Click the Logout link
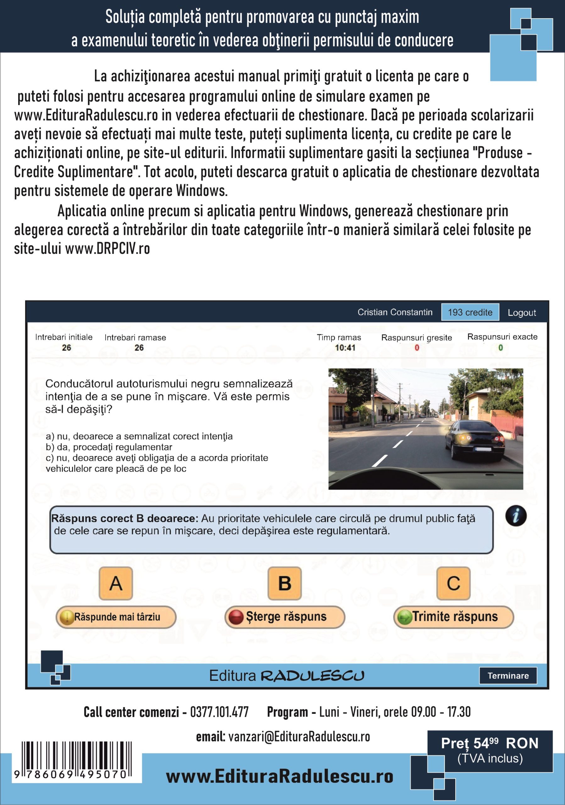(522, 312)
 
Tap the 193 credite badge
(470, 312)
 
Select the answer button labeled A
(116, 583)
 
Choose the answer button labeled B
(285, 583)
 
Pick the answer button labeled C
(453, 583)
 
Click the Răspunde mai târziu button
(116, 617)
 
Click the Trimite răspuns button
(454, 617)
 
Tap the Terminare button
(508, 676)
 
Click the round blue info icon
(516, 516)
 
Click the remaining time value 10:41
(345, 348)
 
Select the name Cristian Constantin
(395, 312)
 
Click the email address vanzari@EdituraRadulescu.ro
(299, 737)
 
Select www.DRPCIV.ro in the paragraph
(108, 249)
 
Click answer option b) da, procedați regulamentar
(109, 447)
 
